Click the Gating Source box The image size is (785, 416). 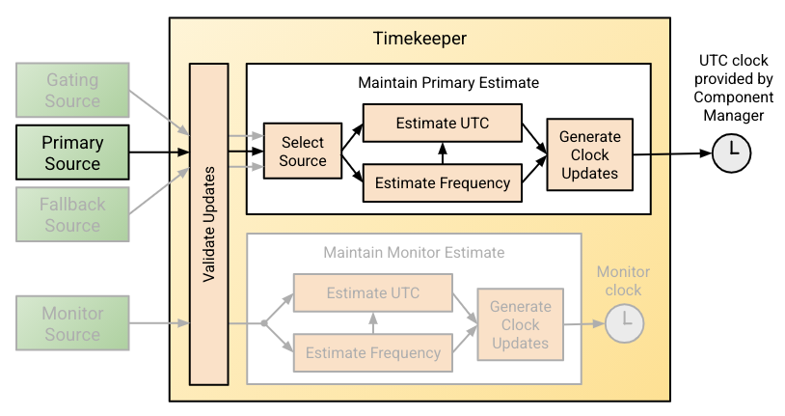click(x=71, y=91)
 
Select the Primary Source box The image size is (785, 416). click(x=71, y=153)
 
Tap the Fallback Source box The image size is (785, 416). click(x=71, y=214)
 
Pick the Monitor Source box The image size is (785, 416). click(x=71, y=324)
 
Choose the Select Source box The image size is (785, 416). click(x=302, y=152)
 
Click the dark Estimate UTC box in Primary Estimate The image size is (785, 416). click(x=441, y=124)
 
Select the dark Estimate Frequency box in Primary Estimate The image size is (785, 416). click(x=441, y=181)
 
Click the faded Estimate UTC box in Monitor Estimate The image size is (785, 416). click(x=372, y=293)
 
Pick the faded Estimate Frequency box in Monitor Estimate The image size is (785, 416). click(x=372, y=352)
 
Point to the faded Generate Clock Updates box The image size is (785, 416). click(x=521, y=324)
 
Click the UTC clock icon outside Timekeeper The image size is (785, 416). click(x=732, y=153)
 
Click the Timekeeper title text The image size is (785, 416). click(x=420, y=39)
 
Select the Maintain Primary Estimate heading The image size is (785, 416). click(x=447, y=83)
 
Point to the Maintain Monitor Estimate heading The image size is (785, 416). click(x=414, y=253)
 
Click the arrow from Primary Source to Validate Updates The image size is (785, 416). click(x=158, y=153)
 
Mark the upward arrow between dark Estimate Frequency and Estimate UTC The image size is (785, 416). click(x=441, y=153)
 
